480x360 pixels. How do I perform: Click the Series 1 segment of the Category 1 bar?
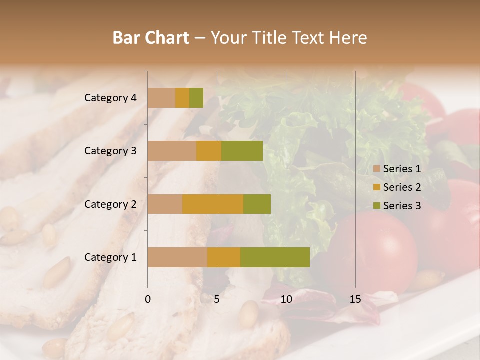(177, 257)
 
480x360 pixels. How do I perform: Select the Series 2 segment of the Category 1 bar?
(224, 257)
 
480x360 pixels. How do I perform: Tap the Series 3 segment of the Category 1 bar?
(275, 257)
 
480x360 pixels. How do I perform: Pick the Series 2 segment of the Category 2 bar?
(213, 204)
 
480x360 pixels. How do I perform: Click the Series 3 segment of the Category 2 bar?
(257, 204)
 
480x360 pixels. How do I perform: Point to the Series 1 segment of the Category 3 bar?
(172, 151)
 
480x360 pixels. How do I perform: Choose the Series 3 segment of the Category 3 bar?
(242, 151)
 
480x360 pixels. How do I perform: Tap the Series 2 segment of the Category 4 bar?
(182, 98)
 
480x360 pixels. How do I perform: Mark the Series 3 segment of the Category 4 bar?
(196, 98)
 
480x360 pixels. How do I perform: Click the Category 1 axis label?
(110, 257)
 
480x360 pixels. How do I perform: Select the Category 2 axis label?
(110, 204)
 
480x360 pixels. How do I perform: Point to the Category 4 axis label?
(110, 98)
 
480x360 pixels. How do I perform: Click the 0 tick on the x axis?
(148, 299)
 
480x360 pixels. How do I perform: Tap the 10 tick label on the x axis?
(286, 299)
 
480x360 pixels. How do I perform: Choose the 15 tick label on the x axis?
(355, 299)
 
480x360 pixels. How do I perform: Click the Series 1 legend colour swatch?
(377, 169)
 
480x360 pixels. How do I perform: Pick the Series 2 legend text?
(402, 187)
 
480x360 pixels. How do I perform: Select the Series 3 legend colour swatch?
(377, 206)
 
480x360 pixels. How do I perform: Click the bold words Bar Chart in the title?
(151, 37)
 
